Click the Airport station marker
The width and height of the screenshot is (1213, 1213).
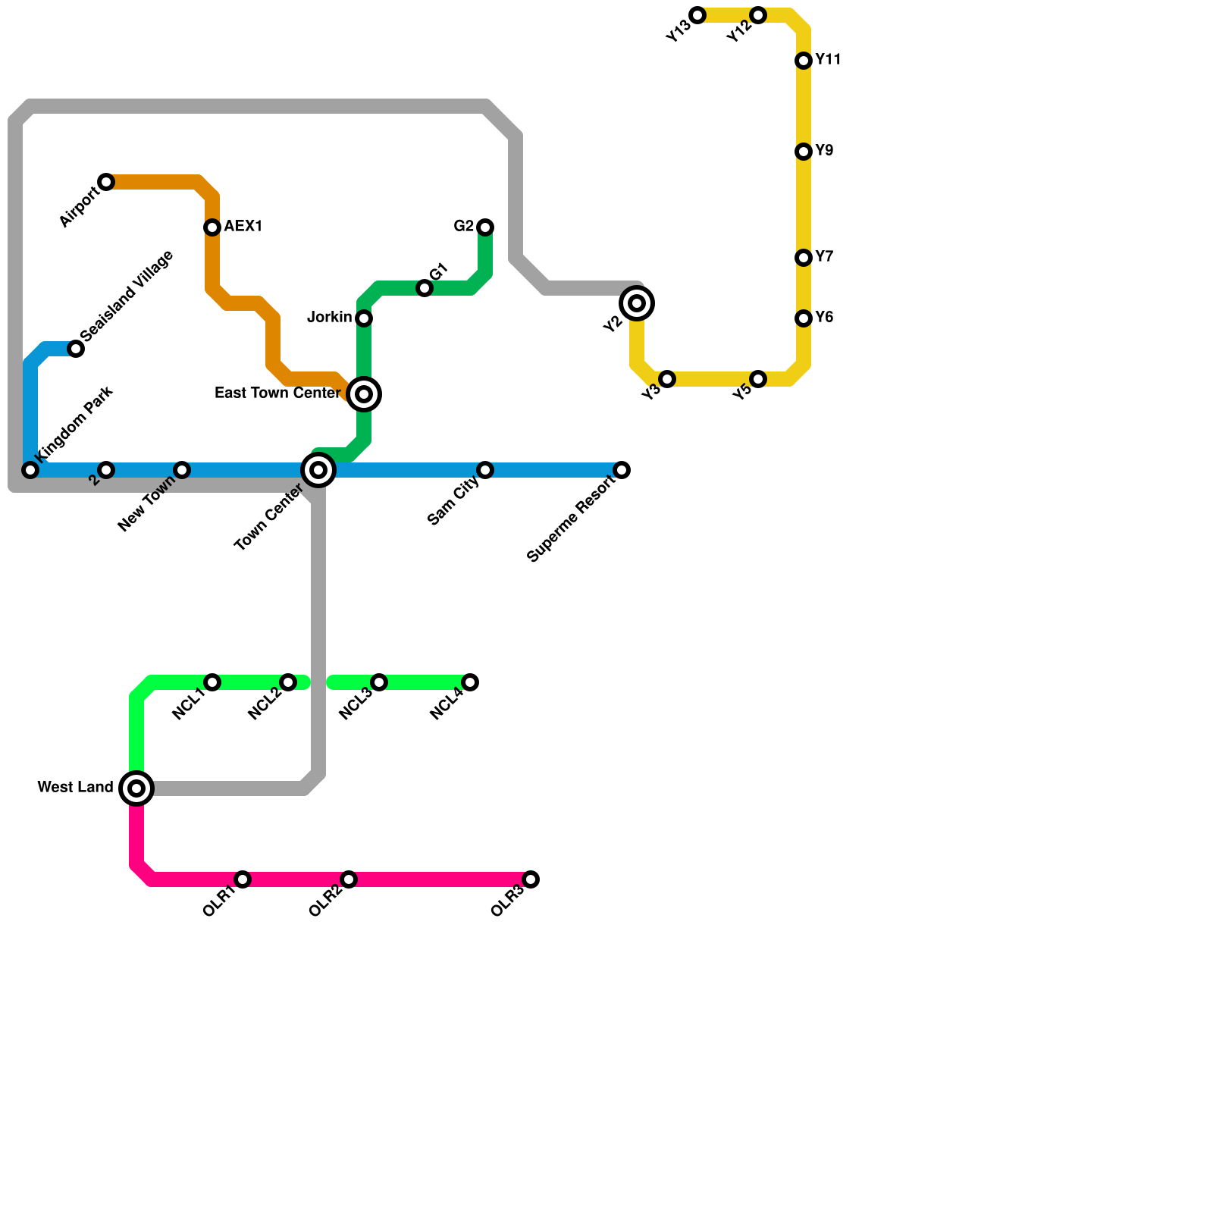click(106, 182)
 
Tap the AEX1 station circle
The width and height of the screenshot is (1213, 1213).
click(212, 227)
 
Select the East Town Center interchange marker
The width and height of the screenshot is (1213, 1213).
click(364, 394)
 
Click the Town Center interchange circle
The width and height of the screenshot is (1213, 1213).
click(318, 470)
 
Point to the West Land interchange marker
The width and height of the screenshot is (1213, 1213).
click(136, 788)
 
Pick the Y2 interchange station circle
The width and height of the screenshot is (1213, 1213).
click(637, 303)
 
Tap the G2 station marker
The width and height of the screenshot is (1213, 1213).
click(485, 227)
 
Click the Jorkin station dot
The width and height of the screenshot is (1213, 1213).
click(364, 318)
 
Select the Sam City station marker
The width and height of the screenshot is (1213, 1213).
click(485, 470)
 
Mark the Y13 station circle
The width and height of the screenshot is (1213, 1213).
click(697, 15)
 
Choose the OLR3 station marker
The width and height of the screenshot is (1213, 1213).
click(531, 879)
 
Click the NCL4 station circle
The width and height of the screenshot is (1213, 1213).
click(470, 682)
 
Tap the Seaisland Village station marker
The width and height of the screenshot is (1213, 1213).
click(76, 349)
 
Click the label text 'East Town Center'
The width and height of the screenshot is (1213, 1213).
click(277, 393)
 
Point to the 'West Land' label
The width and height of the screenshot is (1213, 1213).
click(75, 788)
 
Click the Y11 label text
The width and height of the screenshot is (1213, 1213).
click(828, 60)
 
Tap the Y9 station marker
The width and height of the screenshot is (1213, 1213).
click(804, 152)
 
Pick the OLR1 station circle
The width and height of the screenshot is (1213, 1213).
click(243, 879)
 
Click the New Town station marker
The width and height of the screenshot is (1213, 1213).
click(182, 470)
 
